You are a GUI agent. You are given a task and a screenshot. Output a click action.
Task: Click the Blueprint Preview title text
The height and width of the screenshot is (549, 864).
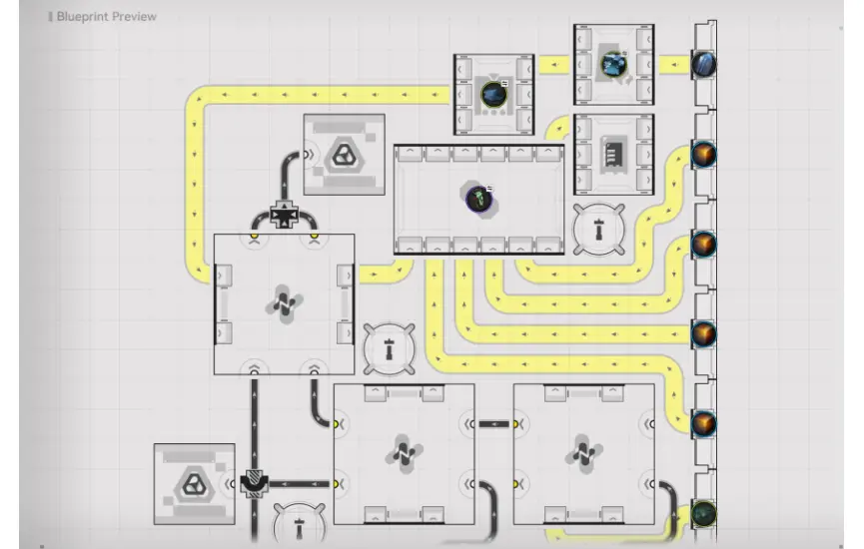point(106,17)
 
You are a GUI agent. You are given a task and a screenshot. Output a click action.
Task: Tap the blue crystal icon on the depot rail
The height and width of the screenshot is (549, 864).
point(703,64)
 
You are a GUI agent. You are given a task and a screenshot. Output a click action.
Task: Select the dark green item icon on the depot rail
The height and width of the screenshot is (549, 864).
point(703,513)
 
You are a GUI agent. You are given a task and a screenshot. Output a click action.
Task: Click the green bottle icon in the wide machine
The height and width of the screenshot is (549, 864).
point(478,199)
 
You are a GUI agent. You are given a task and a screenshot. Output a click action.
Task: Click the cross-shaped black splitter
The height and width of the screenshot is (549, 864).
point(285,215)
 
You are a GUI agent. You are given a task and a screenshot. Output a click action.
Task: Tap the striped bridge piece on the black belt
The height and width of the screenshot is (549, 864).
point(254,483)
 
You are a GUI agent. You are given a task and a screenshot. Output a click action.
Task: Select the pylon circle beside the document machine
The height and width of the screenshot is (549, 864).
point(599,229)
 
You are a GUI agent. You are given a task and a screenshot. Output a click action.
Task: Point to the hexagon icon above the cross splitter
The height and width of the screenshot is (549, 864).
point(344,155)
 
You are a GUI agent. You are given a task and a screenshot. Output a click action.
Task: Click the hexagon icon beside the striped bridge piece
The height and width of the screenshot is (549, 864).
point(194,484)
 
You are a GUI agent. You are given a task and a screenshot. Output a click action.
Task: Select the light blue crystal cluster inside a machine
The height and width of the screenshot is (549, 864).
point(613,65)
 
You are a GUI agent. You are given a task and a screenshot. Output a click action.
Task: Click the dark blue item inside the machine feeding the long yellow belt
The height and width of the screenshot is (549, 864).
point(493,94)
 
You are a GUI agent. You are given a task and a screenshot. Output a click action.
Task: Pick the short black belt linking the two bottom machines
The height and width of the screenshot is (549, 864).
point(494,424)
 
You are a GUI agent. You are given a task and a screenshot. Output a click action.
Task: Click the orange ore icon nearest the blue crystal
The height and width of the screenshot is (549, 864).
point(703,154)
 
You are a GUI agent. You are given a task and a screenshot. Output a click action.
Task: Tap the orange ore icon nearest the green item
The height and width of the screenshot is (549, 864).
point(703,423)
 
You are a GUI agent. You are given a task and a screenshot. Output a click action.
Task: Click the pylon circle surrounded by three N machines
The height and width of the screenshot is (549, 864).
point(389,349)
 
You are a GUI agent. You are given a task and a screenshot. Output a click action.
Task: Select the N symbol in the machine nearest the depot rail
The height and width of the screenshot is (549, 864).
point(583,454)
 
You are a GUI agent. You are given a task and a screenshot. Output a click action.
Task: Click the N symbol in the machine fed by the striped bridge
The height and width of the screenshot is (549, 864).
point(404,454)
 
